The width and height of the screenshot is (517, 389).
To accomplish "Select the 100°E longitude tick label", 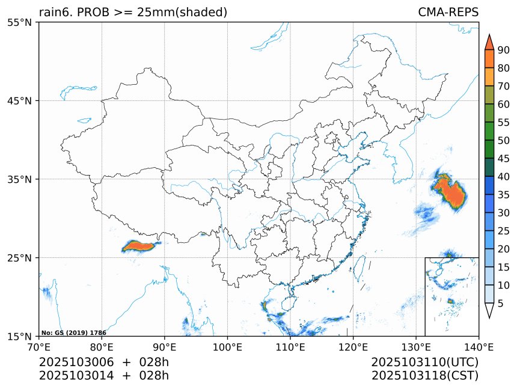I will (x=227, y=346).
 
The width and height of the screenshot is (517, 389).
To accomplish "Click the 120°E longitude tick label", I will (x=353, y=346).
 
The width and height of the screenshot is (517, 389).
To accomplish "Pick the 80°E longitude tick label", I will (x=102, y=346).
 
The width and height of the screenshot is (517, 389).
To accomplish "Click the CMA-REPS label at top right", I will (x=448, y=12).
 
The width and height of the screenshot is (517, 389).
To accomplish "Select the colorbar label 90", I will (x=504, y=49).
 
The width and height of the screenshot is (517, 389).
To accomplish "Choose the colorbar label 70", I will (x=504, y=86).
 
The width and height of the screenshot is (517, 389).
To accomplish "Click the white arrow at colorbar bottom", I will (x=489, y=310).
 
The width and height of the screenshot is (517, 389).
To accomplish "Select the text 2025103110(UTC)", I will (x=424, y=363).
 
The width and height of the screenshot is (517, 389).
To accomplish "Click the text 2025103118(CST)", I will (x=424, y=376).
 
